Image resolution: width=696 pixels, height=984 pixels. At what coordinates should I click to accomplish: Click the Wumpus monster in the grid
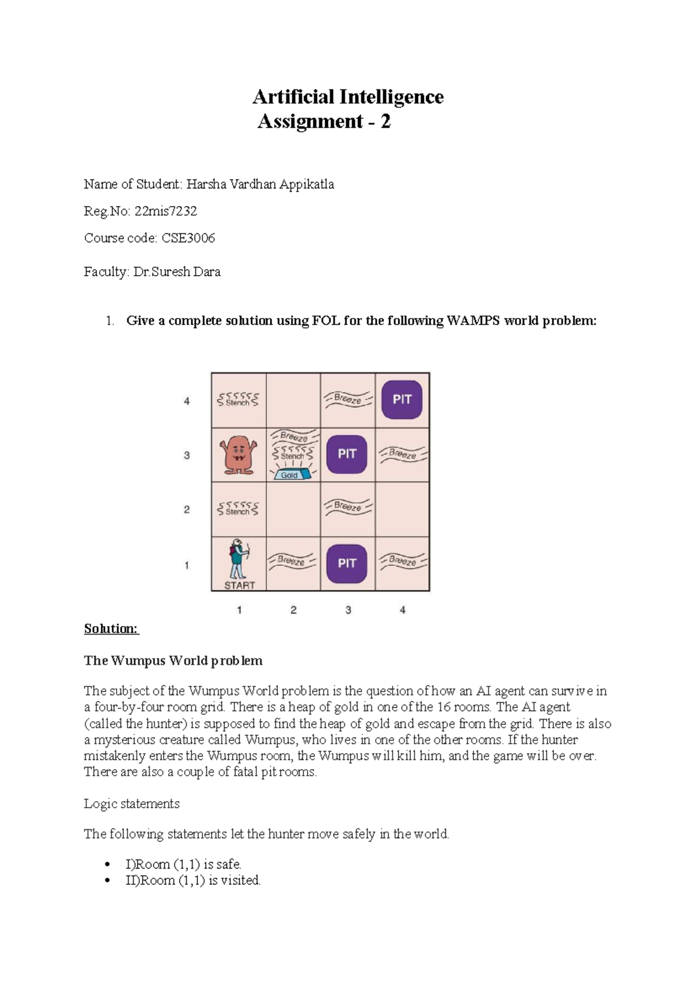click(238, 455)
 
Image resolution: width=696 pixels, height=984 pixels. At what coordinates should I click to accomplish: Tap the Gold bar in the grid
click(290, 475)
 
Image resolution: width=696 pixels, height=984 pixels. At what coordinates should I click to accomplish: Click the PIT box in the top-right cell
click(402, 400)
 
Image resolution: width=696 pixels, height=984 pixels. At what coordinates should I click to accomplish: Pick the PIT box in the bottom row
click(347, 563)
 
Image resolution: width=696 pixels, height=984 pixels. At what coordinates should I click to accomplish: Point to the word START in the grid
click(240, 585)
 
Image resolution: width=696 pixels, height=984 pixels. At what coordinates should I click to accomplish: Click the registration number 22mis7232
click(166, 211)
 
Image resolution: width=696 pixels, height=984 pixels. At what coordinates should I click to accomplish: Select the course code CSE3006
click(188, 238)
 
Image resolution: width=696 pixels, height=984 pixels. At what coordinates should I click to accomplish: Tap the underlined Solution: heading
click(111, 628)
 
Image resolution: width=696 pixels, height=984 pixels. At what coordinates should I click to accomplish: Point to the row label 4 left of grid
click(187, 401)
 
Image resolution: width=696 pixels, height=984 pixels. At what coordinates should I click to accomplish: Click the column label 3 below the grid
click(348, 610)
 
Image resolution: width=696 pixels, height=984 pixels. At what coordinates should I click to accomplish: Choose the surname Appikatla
click(307, 184)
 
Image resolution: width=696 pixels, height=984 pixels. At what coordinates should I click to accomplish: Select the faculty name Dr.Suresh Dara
click(177, 272)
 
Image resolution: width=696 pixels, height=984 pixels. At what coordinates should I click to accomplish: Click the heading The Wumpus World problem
click(173, 660)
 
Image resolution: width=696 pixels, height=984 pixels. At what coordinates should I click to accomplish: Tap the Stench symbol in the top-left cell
click(238, 400)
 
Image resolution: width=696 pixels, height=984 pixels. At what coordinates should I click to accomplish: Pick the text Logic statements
click(132, 804)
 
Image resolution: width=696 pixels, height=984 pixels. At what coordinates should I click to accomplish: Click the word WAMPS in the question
click(473, 321)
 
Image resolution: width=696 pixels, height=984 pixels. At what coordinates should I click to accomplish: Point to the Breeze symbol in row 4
click(348, 399)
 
